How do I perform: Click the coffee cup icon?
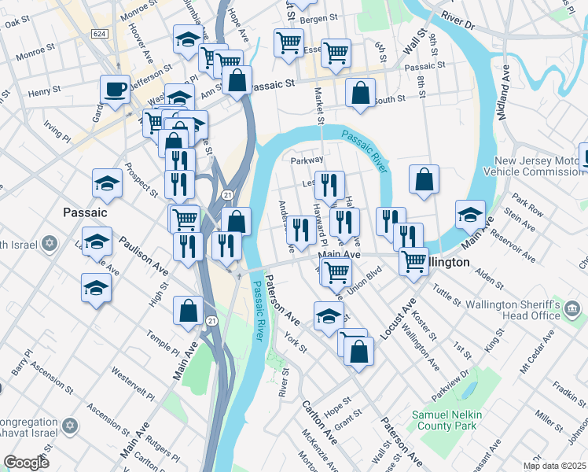115,90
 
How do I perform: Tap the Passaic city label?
84,212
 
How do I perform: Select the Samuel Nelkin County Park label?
446,419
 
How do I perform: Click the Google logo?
27,462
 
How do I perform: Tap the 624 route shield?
99,34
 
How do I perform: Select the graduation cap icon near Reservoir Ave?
470,214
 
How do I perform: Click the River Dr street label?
458,20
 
